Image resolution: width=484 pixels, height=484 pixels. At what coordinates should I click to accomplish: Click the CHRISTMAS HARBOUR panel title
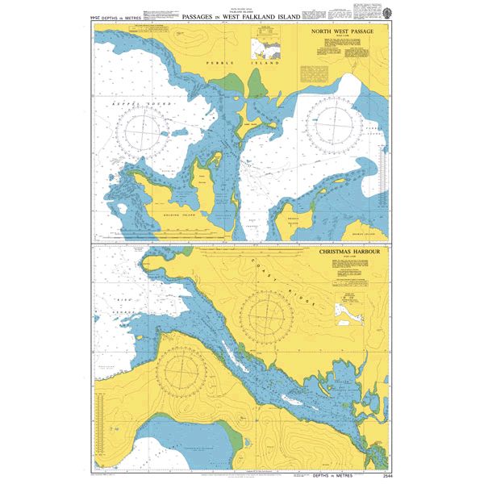348,252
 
